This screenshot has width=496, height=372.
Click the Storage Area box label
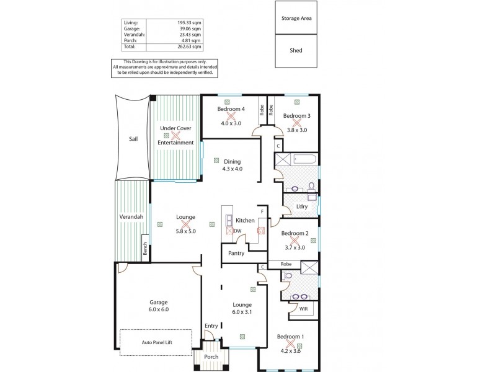(296, 18)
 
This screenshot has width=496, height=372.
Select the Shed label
(296, 51)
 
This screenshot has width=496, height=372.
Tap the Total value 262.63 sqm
(189, 46)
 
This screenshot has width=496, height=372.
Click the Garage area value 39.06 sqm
(190, 29)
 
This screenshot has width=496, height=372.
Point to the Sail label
(133, 139)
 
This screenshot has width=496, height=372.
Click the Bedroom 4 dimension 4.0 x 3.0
(231, 123)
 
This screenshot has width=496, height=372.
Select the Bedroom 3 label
(296, 115)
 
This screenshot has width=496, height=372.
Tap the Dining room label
(232, 161)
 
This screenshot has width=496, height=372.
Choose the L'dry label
(302, 206)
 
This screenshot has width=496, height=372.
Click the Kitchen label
(245, 220)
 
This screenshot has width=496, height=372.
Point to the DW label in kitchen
(237, 231)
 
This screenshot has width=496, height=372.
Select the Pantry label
(236, 253)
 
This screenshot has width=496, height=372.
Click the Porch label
(211, 356)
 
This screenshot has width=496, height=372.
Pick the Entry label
(211, 325)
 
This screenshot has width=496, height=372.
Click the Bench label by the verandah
(145, 248)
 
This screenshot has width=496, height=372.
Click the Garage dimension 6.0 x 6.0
(158, 309)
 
